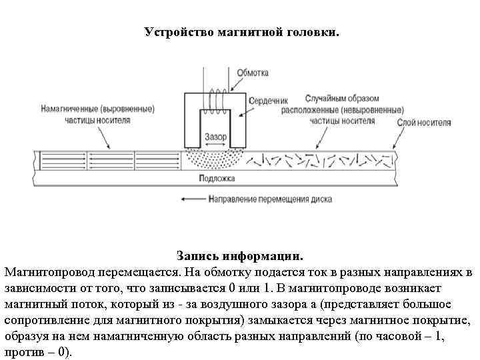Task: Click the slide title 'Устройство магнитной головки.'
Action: pos(242,32)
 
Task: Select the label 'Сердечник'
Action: pos(264,101)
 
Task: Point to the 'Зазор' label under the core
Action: pos(215,137)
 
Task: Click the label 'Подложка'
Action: pos(217,178)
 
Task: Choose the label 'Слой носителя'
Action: pos(424,123)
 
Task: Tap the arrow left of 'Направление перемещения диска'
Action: pos(192,199)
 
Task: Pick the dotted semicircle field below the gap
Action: pos(215,158)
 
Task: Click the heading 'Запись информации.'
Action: pos(240,256)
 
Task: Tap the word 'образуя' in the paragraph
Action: pos(25,336)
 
